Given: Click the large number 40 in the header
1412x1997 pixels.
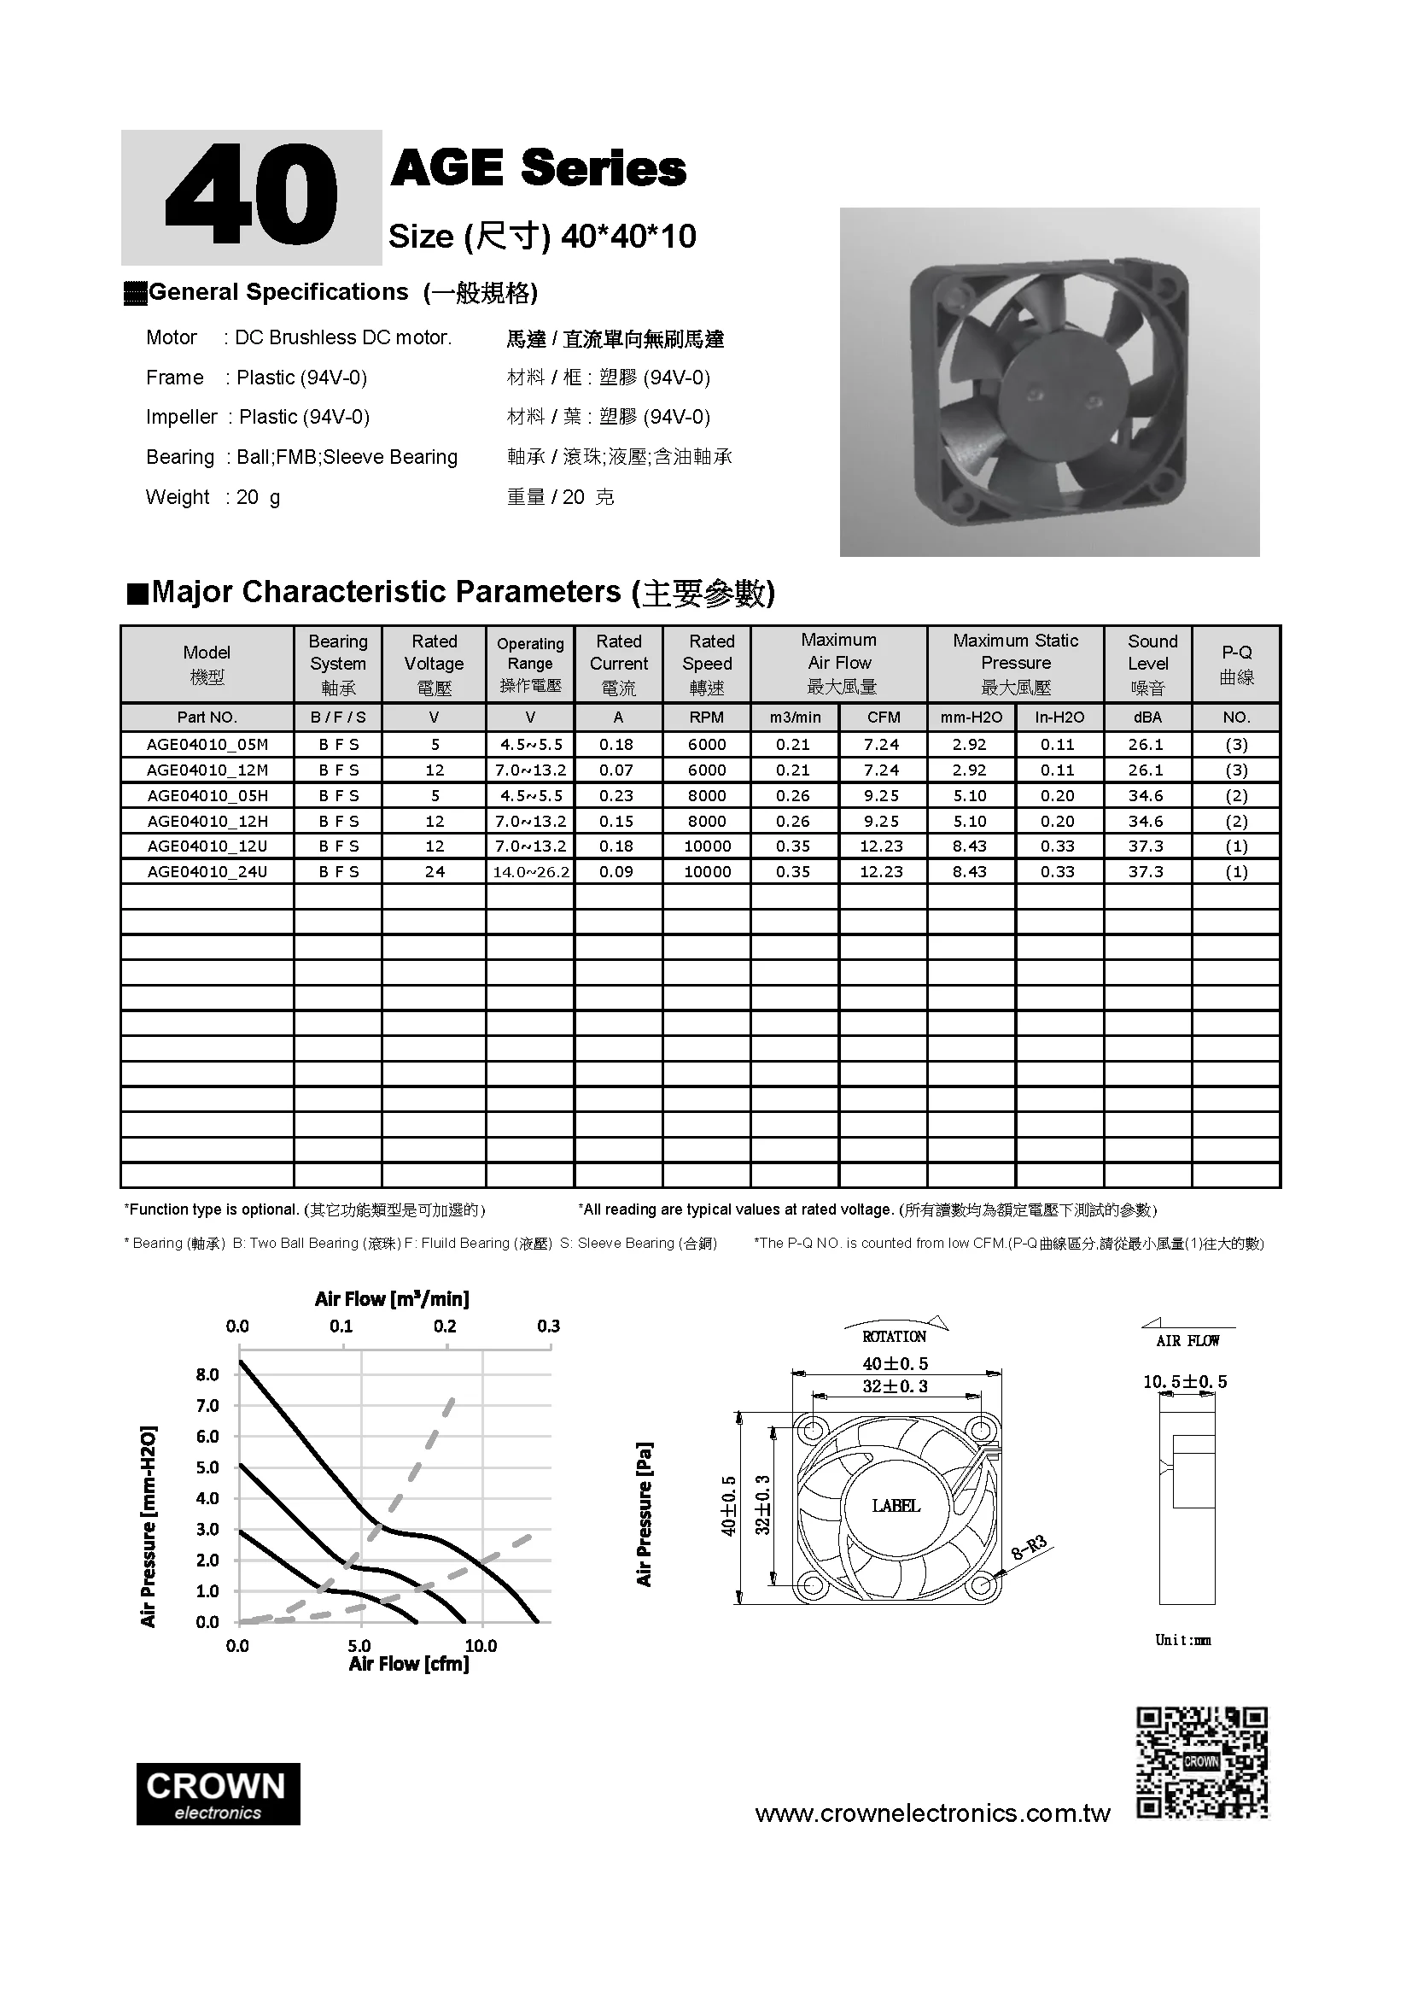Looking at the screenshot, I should tap(251, 197).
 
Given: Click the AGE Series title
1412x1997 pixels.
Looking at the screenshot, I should tap(538, 168).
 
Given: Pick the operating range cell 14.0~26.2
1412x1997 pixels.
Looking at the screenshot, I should tap(530, 871).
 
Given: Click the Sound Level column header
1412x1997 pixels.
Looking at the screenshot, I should tap(1151, 664).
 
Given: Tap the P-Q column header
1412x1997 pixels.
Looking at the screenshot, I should tap(1235, 665).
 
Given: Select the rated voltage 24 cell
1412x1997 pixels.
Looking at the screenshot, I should tap(434, 871).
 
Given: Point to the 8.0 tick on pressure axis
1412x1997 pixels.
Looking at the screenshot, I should tap(207, 1374).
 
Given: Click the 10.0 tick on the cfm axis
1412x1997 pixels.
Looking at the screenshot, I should tap(481, 1646).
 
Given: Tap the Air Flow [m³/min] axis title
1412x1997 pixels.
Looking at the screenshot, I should tap(391, 1299).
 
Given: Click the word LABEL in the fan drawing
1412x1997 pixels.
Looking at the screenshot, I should tap(896, 1506).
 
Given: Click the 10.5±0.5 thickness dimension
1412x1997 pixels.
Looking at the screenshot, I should tap(1184, 1381).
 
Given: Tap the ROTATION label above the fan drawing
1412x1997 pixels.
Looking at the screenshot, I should tap(894, 1336).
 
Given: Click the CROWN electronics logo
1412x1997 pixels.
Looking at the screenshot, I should tap(218, 1794).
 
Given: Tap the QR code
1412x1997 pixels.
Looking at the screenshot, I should tap(1202, 1762).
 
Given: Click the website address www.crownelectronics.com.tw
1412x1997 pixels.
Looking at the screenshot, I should tap(932, 1813).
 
